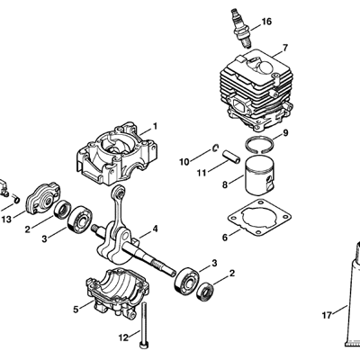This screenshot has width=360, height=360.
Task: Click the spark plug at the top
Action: [240, 28]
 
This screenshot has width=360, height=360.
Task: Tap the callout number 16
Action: [266, 22]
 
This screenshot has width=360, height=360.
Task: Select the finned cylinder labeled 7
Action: [256, 90]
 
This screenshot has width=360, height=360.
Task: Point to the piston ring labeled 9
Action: [259, 145]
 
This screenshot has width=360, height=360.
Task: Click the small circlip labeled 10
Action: [215, 148]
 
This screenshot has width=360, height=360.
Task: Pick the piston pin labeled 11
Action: [231, 157]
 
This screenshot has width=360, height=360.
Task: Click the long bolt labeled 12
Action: [144, 325]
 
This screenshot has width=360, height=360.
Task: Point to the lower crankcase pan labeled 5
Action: [118, 290]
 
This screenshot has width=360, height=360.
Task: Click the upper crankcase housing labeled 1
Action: [118, 154]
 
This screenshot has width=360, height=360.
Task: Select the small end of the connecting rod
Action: [120, 192]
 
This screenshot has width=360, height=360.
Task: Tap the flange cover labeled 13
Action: [44, 198]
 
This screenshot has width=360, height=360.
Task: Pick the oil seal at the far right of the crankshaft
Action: [205, 291]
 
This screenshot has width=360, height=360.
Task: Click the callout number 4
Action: [155, 229]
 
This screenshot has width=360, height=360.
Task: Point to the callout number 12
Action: [123, 337]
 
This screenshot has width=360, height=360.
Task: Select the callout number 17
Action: [327, 316]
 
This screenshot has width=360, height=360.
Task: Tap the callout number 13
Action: [6, 220]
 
